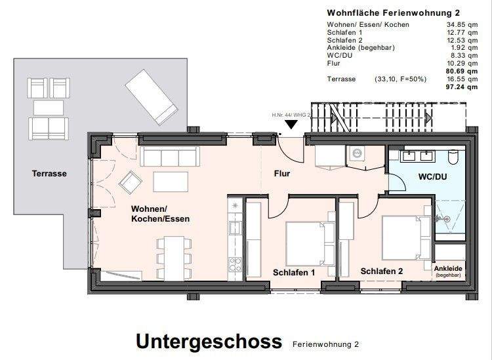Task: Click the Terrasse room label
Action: coord(50,174)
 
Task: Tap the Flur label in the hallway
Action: coord(281,174)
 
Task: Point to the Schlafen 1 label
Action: coord(295,271)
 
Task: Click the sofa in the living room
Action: coord(169,157)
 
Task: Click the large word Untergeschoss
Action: coord(209,342)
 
